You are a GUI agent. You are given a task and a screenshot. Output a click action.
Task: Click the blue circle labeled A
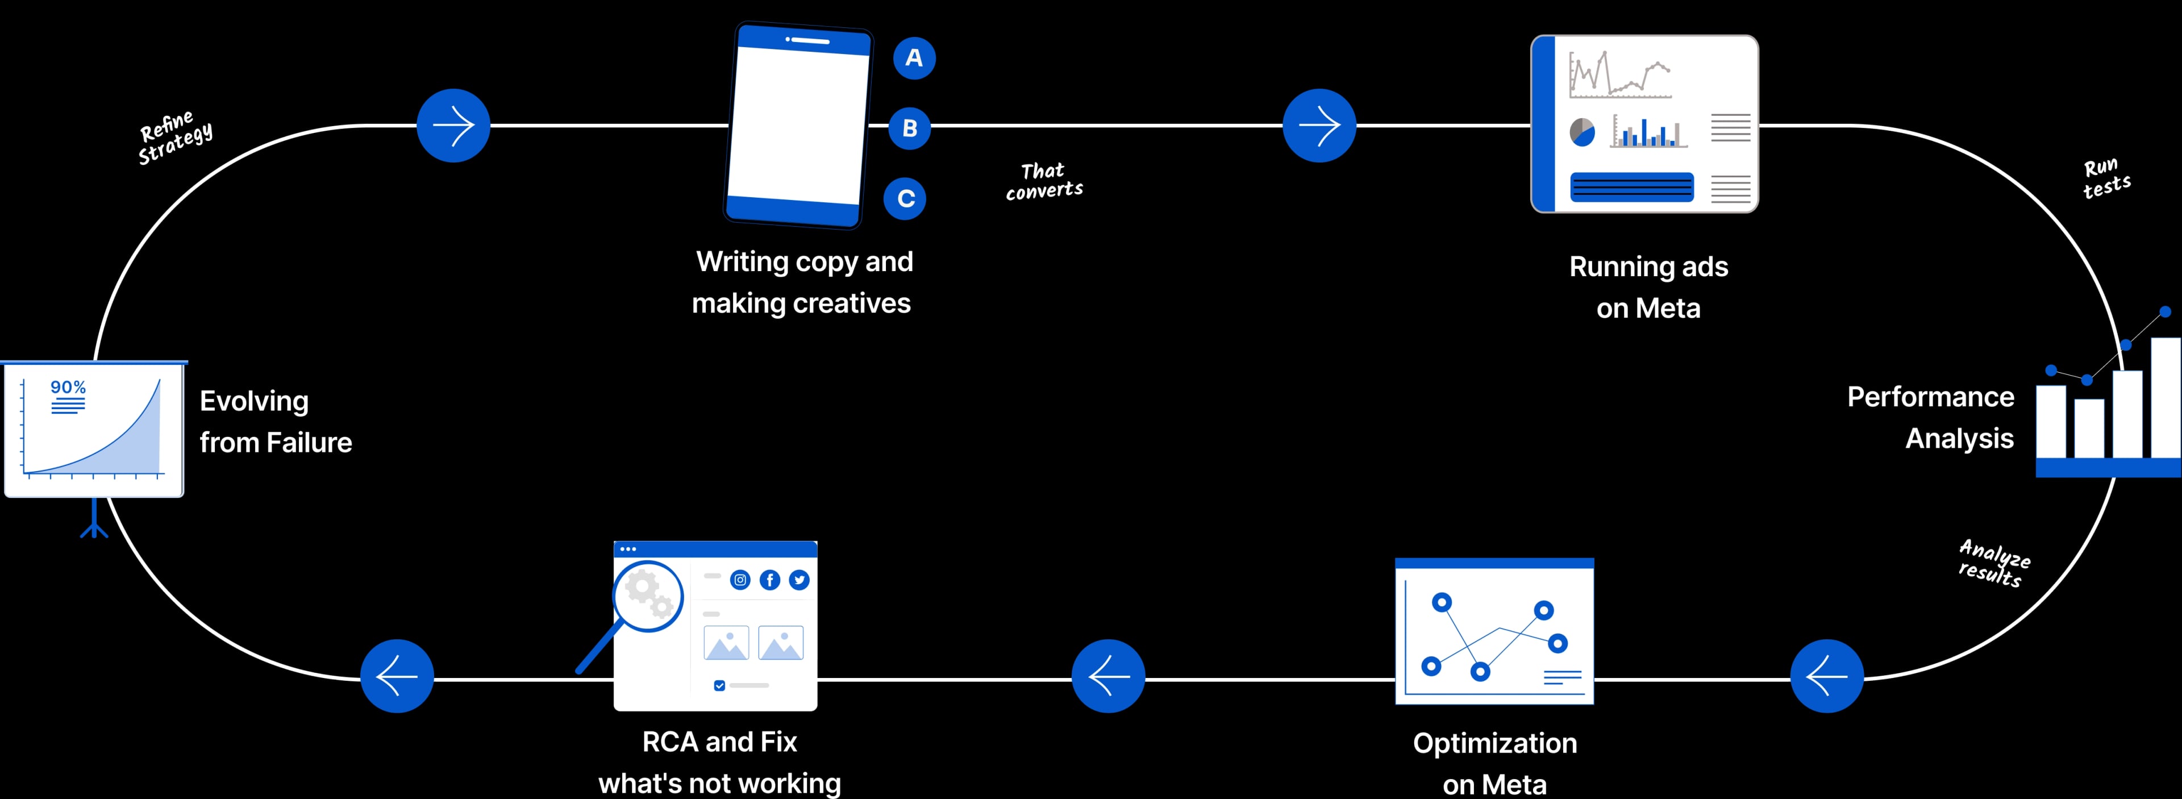click(x=914, y=57)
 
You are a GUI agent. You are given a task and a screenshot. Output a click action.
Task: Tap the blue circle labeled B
click(x=910, y=128)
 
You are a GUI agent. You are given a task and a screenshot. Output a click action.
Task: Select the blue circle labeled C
click(x=906, y=198)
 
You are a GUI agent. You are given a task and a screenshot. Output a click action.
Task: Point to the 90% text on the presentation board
click(x=68, y=387)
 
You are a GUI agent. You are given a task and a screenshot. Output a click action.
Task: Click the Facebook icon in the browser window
click(x=770, y=580)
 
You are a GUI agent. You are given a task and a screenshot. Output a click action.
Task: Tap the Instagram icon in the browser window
click(x=740, y=580)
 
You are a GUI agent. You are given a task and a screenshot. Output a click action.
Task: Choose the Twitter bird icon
click(x=799, y=580)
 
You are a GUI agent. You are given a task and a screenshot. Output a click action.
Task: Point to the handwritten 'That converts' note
click(x=1044, y=181)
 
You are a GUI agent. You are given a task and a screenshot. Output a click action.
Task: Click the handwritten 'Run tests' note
click(x=2106, y=178)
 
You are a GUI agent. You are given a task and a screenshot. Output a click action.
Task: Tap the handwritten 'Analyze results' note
click(x=1993, y=563)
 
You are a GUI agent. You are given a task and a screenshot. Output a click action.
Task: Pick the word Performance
click(x=1930, y=397)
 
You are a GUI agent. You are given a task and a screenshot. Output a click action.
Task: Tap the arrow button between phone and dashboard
click(x=1319, y=126)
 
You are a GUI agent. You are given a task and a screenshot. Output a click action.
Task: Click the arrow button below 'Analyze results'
click(x=1827, y=676)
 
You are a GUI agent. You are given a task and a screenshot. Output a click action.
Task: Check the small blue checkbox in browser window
click(x=719, y=685)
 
